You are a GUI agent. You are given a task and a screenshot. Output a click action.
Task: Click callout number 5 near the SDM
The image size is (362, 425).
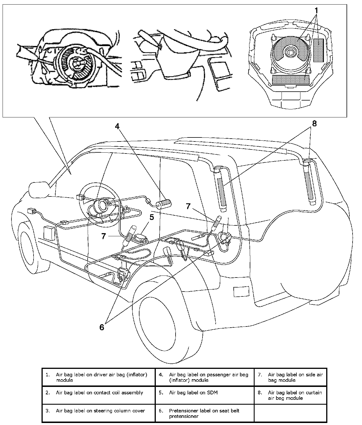click(152, 217)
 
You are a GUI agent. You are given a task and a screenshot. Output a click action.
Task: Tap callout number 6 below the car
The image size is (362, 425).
click(102, 326)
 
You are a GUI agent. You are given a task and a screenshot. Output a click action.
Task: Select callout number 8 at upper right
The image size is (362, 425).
click(314, 124)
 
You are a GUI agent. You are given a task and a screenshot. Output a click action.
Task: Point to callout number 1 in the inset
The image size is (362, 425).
click(316, 11)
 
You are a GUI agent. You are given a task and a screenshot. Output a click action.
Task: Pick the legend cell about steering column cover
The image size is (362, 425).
click(99, 413)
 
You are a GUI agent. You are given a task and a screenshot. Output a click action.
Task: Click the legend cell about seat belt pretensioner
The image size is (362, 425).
click(204, 413)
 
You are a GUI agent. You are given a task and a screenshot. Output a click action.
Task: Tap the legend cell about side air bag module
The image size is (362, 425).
click(290, 377)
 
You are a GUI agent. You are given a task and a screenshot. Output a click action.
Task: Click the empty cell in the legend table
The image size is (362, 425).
click(290, 413)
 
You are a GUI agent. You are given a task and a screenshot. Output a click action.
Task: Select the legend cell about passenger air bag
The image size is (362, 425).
click(204, 377)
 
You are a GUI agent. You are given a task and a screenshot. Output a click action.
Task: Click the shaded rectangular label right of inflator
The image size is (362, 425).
click(318, 50)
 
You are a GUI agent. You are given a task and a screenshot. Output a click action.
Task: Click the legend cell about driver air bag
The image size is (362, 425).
click(99, 377)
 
